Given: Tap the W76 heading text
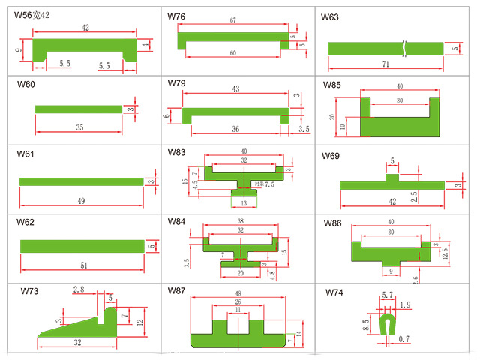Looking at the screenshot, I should pos(178,16).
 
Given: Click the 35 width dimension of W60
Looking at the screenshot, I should pos(80,127).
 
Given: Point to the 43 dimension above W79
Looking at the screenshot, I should pos(235,89).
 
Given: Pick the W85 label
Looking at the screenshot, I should pos(331,84).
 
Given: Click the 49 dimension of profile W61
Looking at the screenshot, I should pos(81,200).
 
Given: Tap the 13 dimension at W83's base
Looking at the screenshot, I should pos(244,202).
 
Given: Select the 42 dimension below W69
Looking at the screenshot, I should pos(391,202).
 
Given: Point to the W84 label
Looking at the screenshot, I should pos(177,222).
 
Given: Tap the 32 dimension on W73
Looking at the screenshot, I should pos(77,342).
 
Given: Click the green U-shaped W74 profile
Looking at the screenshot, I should pos(388,322).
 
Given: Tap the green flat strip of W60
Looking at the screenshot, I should pos(79,109).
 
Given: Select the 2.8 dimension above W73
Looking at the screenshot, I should pos(78,289).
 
